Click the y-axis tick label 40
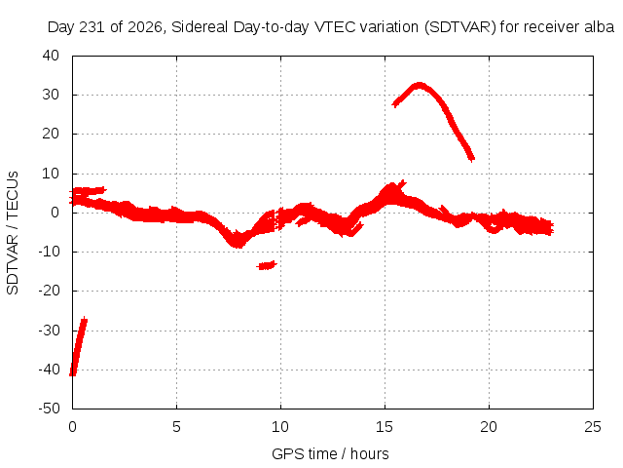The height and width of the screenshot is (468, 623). tap(51, 56)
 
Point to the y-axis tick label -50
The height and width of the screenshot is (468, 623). tap(49, 409)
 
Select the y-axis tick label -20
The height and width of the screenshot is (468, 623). tap(49, 291)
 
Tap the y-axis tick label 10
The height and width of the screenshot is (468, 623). tap(51, 174)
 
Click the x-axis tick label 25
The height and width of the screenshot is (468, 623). tap(593, 427)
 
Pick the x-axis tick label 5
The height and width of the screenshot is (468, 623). tap(176, 427)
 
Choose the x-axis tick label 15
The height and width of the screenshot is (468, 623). tap(385, 427)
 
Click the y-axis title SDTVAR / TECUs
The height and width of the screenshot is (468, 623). tap(13, 233)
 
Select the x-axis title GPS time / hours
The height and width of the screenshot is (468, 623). tap(330, 453)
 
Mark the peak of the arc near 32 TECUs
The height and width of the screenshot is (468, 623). tap(420, 85)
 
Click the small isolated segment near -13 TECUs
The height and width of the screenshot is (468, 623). tap(267, 265)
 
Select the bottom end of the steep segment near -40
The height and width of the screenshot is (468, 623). tap(72, 374)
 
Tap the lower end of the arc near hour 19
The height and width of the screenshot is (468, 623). tap(471, 159)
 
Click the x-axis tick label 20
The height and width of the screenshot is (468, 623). tap(489, 427)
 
